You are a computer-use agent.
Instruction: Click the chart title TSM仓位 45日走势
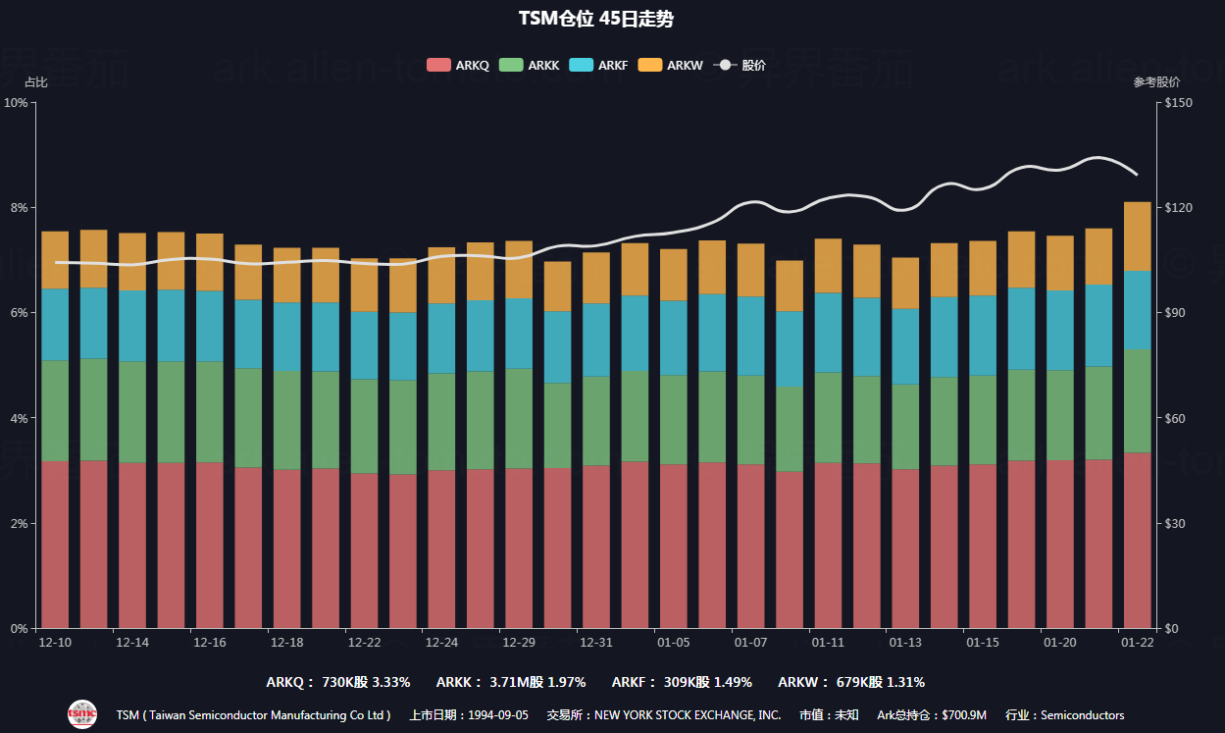(x=595, y=19)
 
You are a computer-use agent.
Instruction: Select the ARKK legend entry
(x=529, y=66)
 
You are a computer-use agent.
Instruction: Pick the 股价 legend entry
(x=740, y=66)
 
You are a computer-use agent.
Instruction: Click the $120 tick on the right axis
(x=1176, y=208)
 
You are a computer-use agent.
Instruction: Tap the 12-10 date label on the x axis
(x=55, y=643)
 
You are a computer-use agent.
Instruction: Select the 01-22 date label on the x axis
(x=1137, y=643)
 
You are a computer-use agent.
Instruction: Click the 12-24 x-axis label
(x=441, y=643)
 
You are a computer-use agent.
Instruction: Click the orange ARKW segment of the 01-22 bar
(x=1137, y=236)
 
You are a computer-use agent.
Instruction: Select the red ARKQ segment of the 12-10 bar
(x=55, y=545)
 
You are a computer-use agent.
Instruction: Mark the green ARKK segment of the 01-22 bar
(x=1137, y=400)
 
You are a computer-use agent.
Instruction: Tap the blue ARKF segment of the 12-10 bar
(x=55, y=325)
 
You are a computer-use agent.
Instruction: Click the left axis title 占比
(x=35, y=82)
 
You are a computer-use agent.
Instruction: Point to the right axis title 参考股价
(x=1156, y=82)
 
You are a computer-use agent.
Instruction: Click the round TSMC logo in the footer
(x=82, y=714)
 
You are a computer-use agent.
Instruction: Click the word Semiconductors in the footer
(x=1082, y=715)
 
